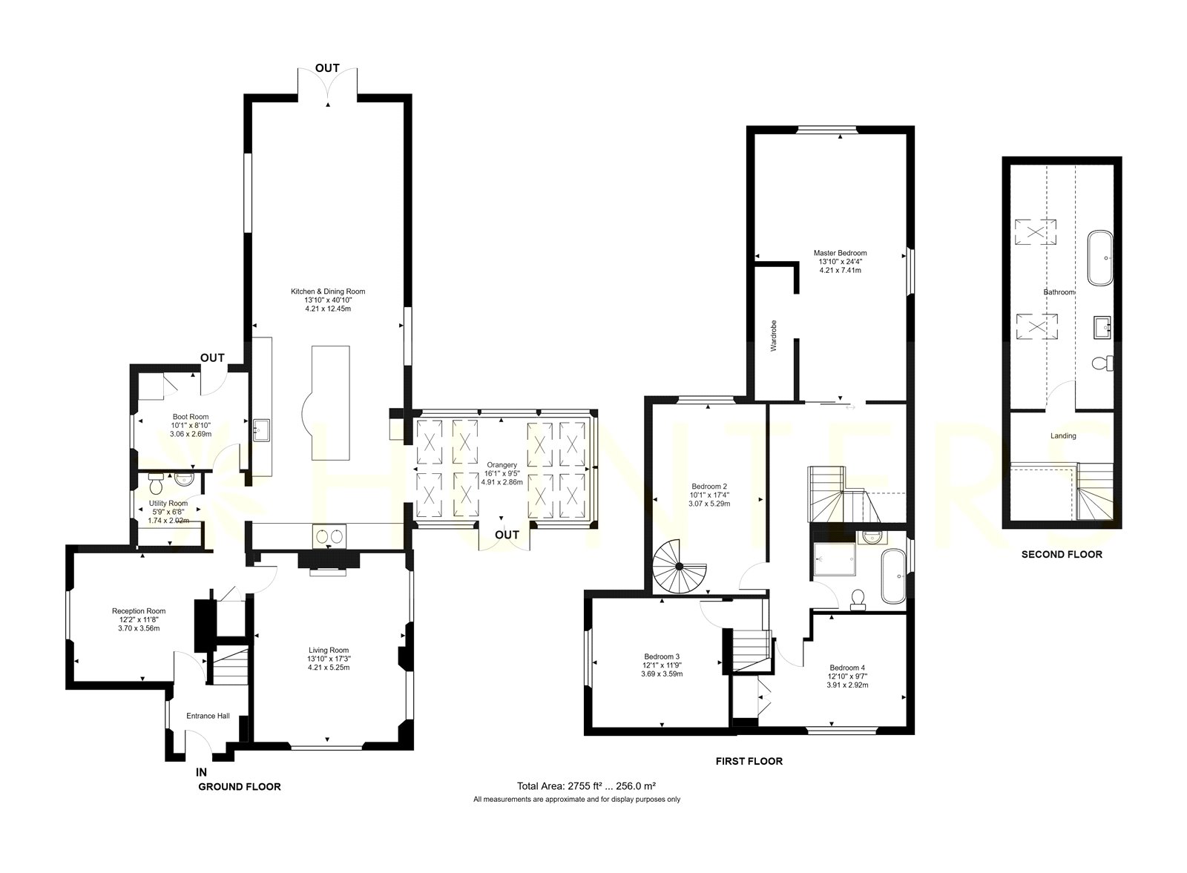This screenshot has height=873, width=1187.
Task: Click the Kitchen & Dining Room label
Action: (x=327, y=291)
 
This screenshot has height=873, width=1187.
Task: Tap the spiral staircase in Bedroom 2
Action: (x=680, y=567)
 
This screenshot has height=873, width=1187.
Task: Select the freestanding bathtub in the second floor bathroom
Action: (x=1101, y=258)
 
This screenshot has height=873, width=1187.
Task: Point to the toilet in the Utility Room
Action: (x=157, y=483)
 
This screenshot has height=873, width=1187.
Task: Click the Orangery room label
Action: (x=502, y=465)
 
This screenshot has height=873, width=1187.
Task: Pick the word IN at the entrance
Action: (x=201, y=772)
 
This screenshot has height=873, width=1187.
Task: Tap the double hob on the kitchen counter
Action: (x=329, y=536)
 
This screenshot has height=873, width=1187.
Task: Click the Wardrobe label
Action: (x=773, y=336)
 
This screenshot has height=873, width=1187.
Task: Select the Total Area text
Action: (x=587, y=786)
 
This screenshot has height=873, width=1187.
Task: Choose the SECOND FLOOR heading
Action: (x=1062, y=555)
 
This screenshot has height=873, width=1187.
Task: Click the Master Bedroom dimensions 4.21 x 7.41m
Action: (x=840, y=270)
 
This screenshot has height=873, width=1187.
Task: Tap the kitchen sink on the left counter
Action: (x=262, y=429)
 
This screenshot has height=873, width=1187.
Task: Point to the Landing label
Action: (x=1063, y=436)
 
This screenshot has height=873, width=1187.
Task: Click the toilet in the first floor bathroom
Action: (x=858, y=599)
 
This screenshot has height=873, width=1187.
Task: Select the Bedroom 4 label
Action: (x=847, y=668)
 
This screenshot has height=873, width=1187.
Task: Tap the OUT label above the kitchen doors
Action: (x=327, y=68)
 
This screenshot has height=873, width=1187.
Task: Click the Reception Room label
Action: (x=139, y=610)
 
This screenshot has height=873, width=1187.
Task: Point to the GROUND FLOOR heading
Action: (x=240, y=787)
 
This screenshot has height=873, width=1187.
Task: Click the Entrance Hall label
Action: (x=208, y=716)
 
